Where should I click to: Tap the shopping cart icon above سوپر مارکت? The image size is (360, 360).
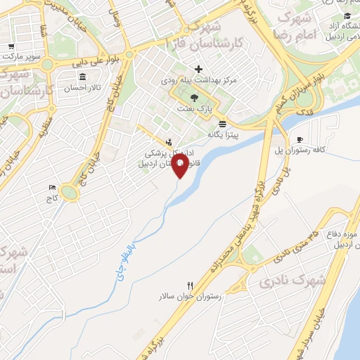11,47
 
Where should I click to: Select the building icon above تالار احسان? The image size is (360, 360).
84,77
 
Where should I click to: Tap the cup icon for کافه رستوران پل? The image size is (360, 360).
301,140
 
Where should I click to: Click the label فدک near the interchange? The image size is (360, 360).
306,111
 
